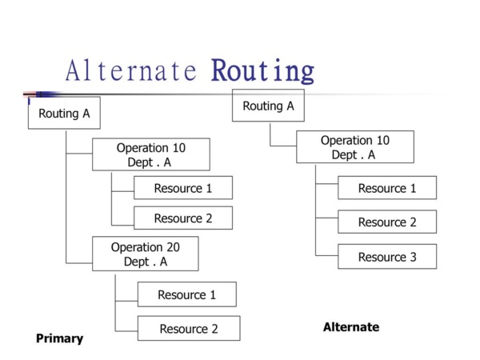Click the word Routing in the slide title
pyautogui.click(x=262, y=71)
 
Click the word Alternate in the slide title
pyautogui.click(x=131, y=71)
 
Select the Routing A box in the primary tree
pyautogui.click(x=64, y=113)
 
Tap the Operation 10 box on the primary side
pyautogui.click(x=150, y=154)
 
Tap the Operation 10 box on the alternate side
pyautogui.click(x=354, y=147)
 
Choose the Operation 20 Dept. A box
pyautogui.click(x=145, y=254)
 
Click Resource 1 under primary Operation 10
pyautogui.click(x=182, y=188)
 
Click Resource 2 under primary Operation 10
pyautogui.click(x=182, y=218)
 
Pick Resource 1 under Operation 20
pyautogui.click(x=186, y=294)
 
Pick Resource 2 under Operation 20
pyautogui.click(x=188, y=328)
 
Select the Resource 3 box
pyautogui.click(x=386, y=257)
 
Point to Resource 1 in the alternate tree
pyautogui.click(x=386, y=188)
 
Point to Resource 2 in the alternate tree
pyautogui.click(x=386, y=222)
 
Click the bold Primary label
pyautogui.click(x=59, y=338)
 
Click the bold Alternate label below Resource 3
pyautogui.click(x=350, y=327)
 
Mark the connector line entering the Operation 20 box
pyautogui.click(x=79, y=262)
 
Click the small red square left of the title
pyautogui.click(x=26, y=94)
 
